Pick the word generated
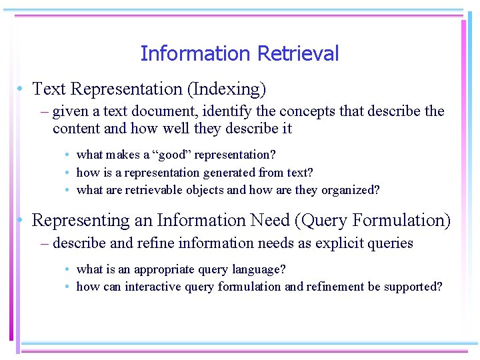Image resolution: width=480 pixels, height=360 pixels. click(229, 172)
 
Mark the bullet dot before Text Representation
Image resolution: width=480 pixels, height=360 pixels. click(22, 89)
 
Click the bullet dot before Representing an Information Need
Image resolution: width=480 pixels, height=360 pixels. click(22, 220)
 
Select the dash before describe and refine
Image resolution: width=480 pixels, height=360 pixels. click(45, 243)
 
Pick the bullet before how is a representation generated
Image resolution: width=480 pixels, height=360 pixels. click(69, 172)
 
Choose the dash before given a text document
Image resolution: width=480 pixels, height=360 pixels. click(45, 111)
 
